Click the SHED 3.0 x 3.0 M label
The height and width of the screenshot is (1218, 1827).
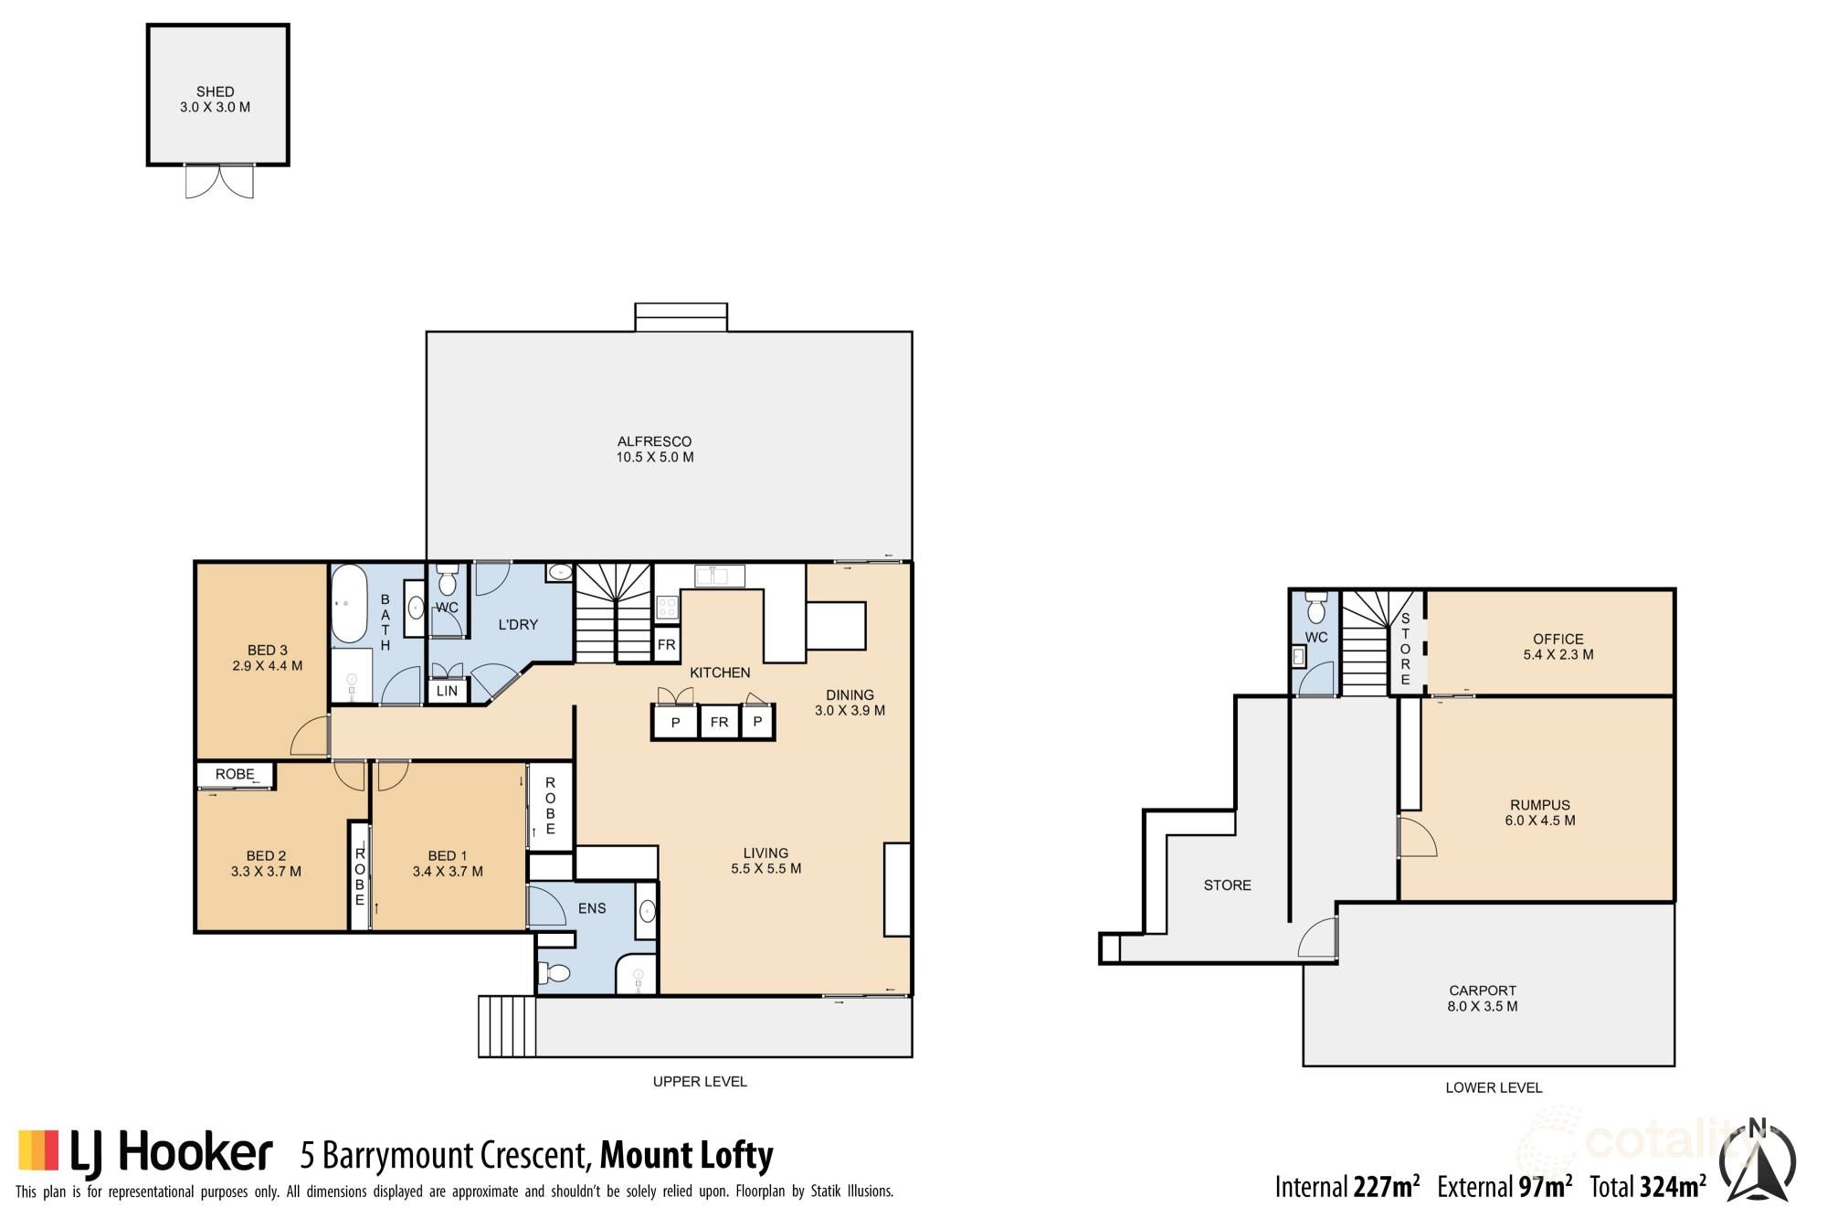(215, 99)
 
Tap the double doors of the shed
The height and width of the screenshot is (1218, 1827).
(219, 181)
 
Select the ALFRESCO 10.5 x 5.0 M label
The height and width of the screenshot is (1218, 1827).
(654, 449)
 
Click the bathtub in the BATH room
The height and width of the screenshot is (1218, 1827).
(348, 605)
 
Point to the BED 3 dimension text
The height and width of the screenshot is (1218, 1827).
(267, 665)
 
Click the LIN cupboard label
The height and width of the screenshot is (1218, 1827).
(447, 691)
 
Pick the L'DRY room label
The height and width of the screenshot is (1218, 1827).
(518, 624)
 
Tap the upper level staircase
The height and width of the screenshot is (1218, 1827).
(614, 611)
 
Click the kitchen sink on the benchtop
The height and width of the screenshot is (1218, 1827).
(719, 576)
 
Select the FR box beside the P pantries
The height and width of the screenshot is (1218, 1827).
(719, 722)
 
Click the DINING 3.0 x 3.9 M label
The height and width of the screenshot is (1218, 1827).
(850, 702)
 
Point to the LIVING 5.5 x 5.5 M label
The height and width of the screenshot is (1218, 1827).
(766, 860)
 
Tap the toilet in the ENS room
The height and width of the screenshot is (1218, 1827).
(556, 972)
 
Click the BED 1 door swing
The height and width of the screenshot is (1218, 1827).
(392, 776)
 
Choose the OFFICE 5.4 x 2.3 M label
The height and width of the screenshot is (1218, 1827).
(1558, 646)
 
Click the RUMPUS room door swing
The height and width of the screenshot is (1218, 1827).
(1416, 837)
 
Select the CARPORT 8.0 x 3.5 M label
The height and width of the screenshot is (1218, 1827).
(1483, 998)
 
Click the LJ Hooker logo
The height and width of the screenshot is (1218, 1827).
(146, 1151)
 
